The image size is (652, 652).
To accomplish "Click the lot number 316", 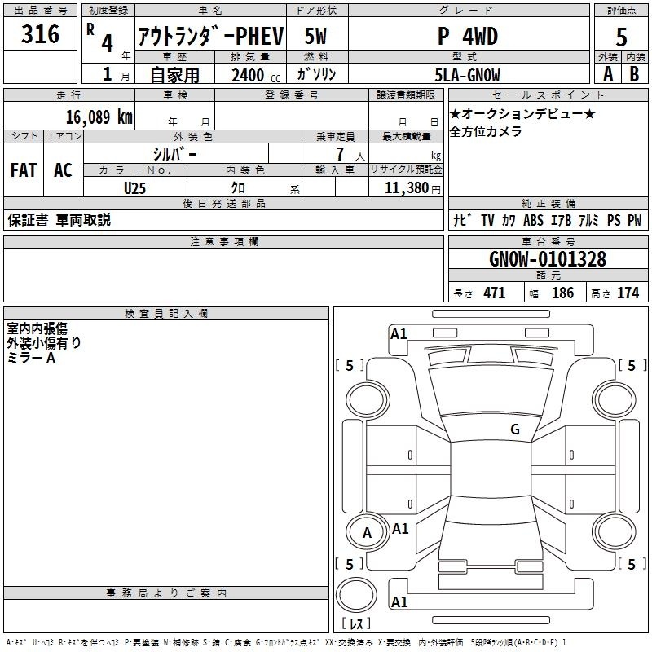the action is [40, 34].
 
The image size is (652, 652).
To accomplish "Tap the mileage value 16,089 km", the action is [99, 117].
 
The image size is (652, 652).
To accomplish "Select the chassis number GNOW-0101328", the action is [548, 259].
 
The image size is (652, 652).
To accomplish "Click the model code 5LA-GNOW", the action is [467, 75].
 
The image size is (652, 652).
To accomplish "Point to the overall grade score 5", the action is [621, 37].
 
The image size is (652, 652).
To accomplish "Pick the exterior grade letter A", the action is [608, 74].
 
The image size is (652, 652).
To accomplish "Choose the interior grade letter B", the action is [634, 74].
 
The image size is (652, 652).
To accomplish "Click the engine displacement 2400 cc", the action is [256, 75].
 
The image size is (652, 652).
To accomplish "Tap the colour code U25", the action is [134, 188].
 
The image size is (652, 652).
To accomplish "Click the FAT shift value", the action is [24, 170].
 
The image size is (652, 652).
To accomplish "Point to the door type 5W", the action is [315, 36].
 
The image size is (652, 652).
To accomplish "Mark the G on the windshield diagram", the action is [515, 430].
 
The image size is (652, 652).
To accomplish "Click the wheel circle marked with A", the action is [367, 518].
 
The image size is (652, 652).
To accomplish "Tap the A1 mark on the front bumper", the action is [399, 334].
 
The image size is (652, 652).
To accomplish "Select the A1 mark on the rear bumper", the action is [399, 601].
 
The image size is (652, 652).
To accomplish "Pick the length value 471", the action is [495, 293].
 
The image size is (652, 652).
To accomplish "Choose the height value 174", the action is [628, 293].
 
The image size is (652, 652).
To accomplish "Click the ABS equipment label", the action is [533, 220].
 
